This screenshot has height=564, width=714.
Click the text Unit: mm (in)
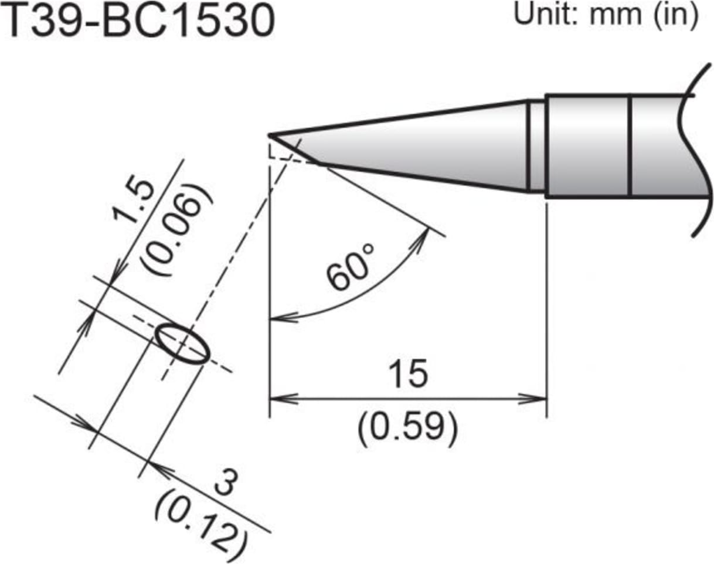[606, 15]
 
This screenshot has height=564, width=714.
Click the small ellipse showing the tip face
[182, 344]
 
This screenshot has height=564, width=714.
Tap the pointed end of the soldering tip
[270, 135]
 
